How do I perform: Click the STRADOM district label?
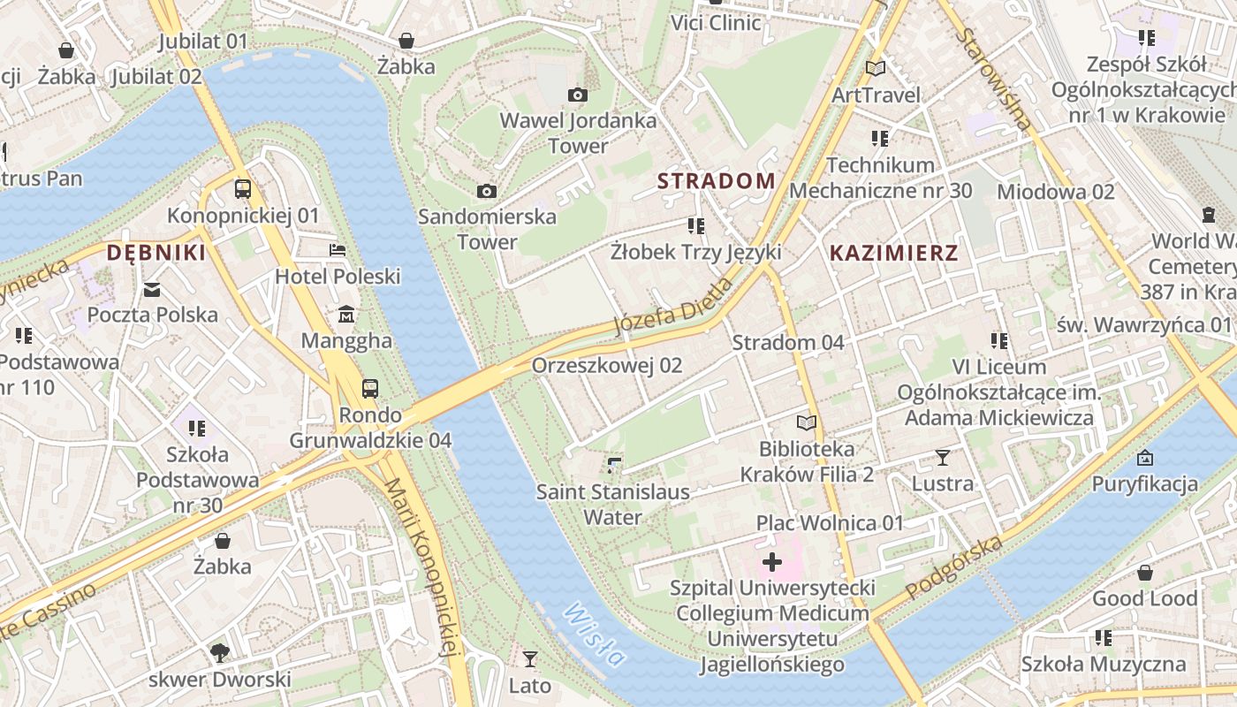717,181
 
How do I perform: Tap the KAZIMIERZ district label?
894,253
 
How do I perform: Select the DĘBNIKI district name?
156,253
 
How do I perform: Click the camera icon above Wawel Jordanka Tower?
578,95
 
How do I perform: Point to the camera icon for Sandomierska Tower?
486,191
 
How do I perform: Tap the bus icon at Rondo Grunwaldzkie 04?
370,388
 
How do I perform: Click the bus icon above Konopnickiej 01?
242,188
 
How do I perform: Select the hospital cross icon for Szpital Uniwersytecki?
772,561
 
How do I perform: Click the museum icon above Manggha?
345,314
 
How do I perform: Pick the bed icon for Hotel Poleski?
338,250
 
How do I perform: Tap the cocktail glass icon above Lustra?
943,457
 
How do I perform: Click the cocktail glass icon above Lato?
529,658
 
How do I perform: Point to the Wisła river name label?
595,634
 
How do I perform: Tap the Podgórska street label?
955,566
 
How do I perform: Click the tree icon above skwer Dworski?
219,653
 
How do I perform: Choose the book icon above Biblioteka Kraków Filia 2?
807,423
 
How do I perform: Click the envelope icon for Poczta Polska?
152,289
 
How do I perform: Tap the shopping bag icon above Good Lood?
1144,573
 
